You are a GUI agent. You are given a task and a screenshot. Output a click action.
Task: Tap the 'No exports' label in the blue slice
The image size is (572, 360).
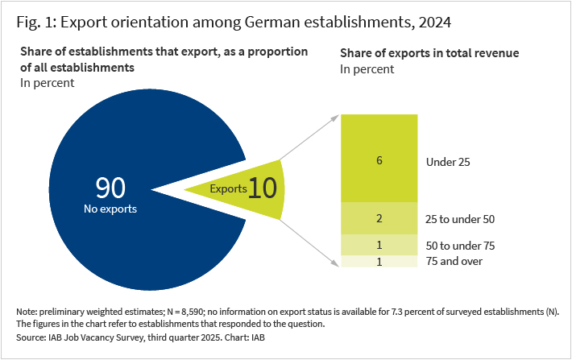[x=111, y=209]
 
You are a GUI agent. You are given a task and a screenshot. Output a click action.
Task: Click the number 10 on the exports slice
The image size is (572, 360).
[x=263, y=188]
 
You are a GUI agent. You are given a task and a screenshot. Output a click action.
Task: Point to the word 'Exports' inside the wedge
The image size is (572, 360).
[x=227, y=190]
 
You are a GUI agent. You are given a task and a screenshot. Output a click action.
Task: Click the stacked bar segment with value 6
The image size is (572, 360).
[x=379, y=159]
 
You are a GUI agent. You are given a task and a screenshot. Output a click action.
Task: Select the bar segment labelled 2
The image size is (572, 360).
[x=379, y=218]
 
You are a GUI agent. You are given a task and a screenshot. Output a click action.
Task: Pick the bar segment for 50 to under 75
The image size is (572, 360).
[x=379, y=245]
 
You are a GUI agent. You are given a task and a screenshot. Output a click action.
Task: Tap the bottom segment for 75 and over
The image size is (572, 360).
[x=379, y=262]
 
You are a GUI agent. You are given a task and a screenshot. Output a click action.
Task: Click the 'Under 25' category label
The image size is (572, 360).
[x=447, y=162]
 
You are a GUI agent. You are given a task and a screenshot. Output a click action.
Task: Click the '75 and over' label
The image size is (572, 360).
[x=454, y=262]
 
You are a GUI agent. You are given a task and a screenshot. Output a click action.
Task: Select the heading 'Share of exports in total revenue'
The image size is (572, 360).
[x=429, y=53]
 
